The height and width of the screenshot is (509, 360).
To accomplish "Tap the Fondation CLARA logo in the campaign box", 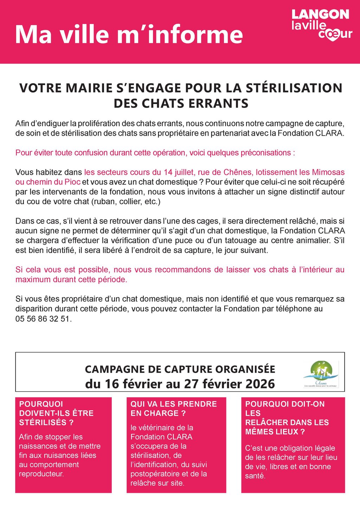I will point(321,374).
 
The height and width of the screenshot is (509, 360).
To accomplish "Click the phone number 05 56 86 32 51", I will point(43,319).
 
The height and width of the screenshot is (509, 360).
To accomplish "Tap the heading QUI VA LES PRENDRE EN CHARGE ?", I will point(173,408).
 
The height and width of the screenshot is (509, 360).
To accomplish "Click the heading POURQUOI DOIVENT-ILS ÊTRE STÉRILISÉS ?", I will point(56,413).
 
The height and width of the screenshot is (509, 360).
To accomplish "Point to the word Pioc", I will point(73,182).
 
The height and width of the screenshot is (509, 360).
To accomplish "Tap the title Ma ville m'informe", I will point(129,34).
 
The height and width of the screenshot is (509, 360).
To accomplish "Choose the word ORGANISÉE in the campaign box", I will point(245,369).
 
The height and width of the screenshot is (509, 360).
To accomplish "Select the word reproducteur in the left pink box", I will point(41,473).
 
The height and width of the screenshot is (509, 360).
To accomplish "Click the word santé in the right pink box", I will point(255,476).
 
